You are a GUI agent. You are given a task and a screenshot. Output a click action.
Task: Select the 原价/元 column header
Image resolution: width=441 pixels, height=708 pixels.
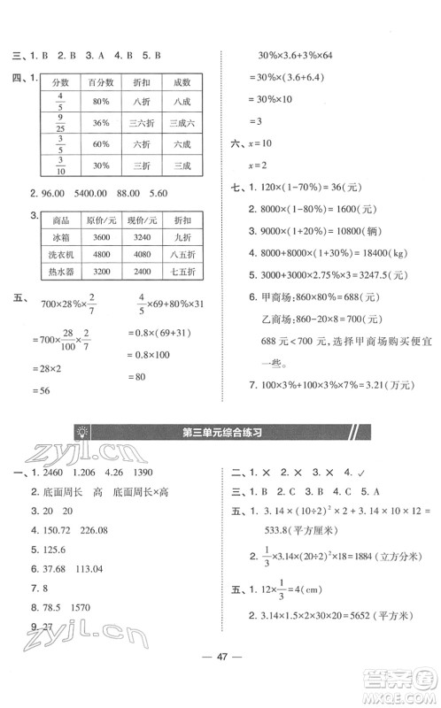99,219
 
